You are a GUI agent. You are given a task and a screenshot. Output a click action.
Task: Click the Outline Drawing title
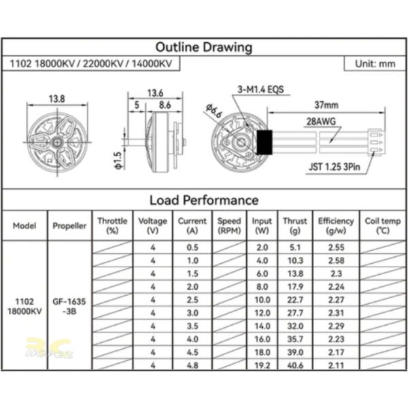pos(204,47)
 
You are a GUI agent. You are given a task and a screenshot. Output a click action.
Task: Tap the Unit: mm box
pos(375,64)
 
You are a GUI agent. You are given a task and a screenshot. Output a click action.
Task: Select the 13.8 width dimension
pos(56,99)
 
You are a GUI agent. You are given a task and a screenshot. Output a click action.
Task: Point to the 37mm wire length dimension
pos(326,105)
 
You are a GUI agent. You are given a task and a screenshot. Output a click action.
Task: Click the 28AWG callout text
pos(321,122)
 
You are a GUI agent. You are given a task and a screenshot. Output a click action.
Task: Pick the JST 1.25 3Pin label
pos(335,167)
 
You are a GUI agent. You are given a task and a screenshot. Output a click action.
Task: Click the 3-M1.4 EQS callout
pos(260,90)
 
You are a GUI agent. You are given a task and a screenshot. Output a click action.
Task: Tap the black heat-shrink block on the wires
pos(265,142)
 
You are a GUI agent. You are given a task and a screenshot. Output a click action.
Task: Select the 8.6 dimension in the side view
pos(165,105)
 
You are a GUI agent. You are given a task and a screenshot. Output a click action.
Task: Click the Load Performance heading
pos(204,200)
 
